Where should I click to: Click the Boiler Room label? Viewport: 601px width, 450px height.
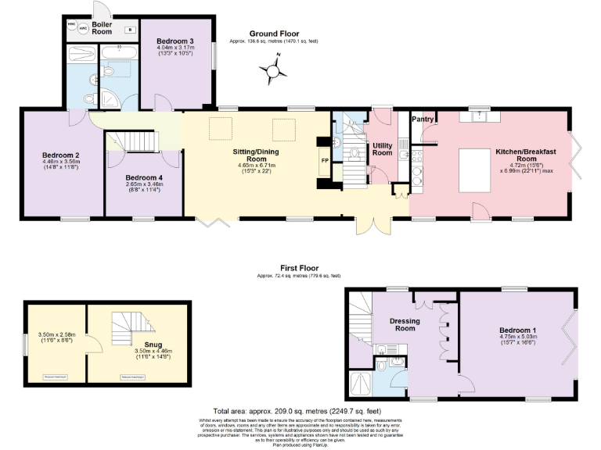(102, 28)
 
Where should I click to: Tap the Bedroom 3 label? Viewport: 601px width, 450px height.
(175, 41)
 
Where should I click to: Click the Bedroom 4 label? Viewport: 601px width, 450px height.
(144, 177)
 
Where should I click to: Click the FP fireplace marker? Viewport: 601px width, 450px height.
(325, 160)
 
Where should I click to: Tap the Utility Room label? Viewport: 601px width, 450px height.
(382, 149)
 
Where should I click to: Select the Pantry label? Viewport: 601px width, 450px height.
(423, 120)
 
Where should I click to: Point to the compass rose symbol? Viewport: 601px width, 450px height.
(272, 74)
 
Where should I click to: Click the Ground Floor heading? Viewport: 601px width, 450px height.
(275, 34)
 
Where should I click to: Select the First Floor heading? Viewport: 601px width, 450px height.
(300, 267)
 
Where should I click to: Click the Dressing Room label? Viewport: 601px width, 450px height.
(405, 325)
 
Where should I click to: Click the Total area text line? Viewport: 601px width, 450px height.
(297, 411)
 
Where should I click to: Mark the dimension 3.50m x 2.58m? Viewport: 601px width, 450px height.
(56, 336)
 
